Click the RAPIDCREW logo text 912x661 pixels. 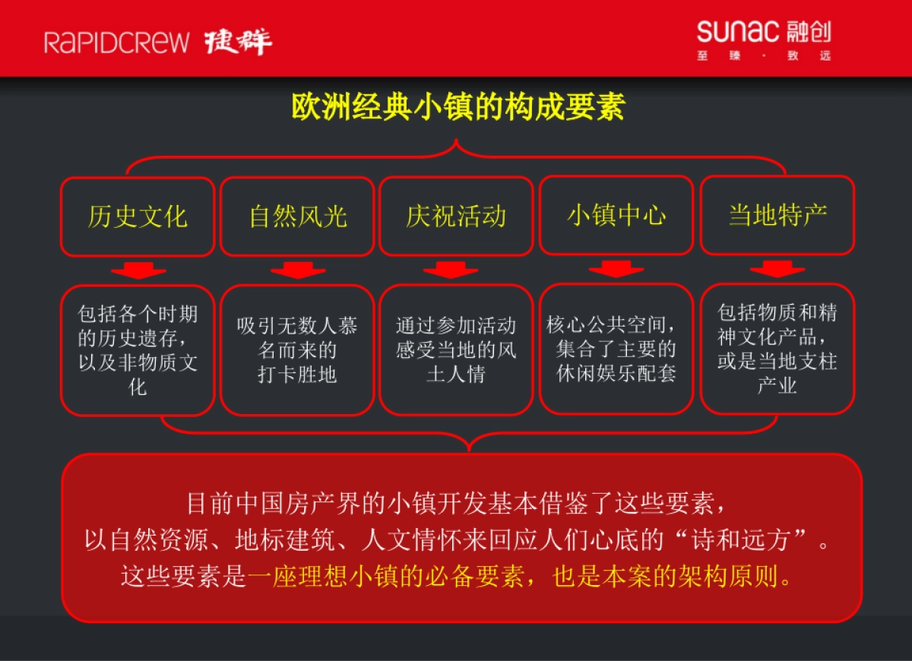[x=116, y=42]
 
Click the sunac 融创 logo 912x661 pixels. [x=763, y=40]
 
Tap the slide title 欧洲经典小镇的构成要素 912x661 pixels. [x=458, y=107]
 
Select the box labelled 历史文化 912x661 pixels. [x=138, y=217]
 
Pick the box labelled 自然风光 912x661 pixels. [x=297, y=217]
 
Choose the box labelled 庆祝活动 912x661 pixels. [x=456, y=217]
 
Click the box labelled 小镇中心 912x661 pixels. [x=616, y=215]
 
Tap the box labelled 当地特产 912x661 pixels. [x=777, y=215]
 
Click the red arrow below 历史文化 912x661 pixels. [x=138, y=270]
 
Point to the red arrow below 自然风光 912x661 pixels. [x=298, y=270]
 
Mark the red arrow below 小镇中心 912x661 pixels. [x=616, y=269]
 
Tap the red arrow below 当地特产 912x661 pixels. [x=777, y=269]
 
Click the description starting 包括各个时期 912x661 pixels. [x=138, y=349]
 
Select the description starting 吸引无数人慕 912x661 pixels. [x=297, y=349]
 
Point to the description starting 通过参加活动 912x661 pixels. [x=456, y=349]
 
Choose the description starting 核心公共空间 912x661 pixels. [x=616, y=349]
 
